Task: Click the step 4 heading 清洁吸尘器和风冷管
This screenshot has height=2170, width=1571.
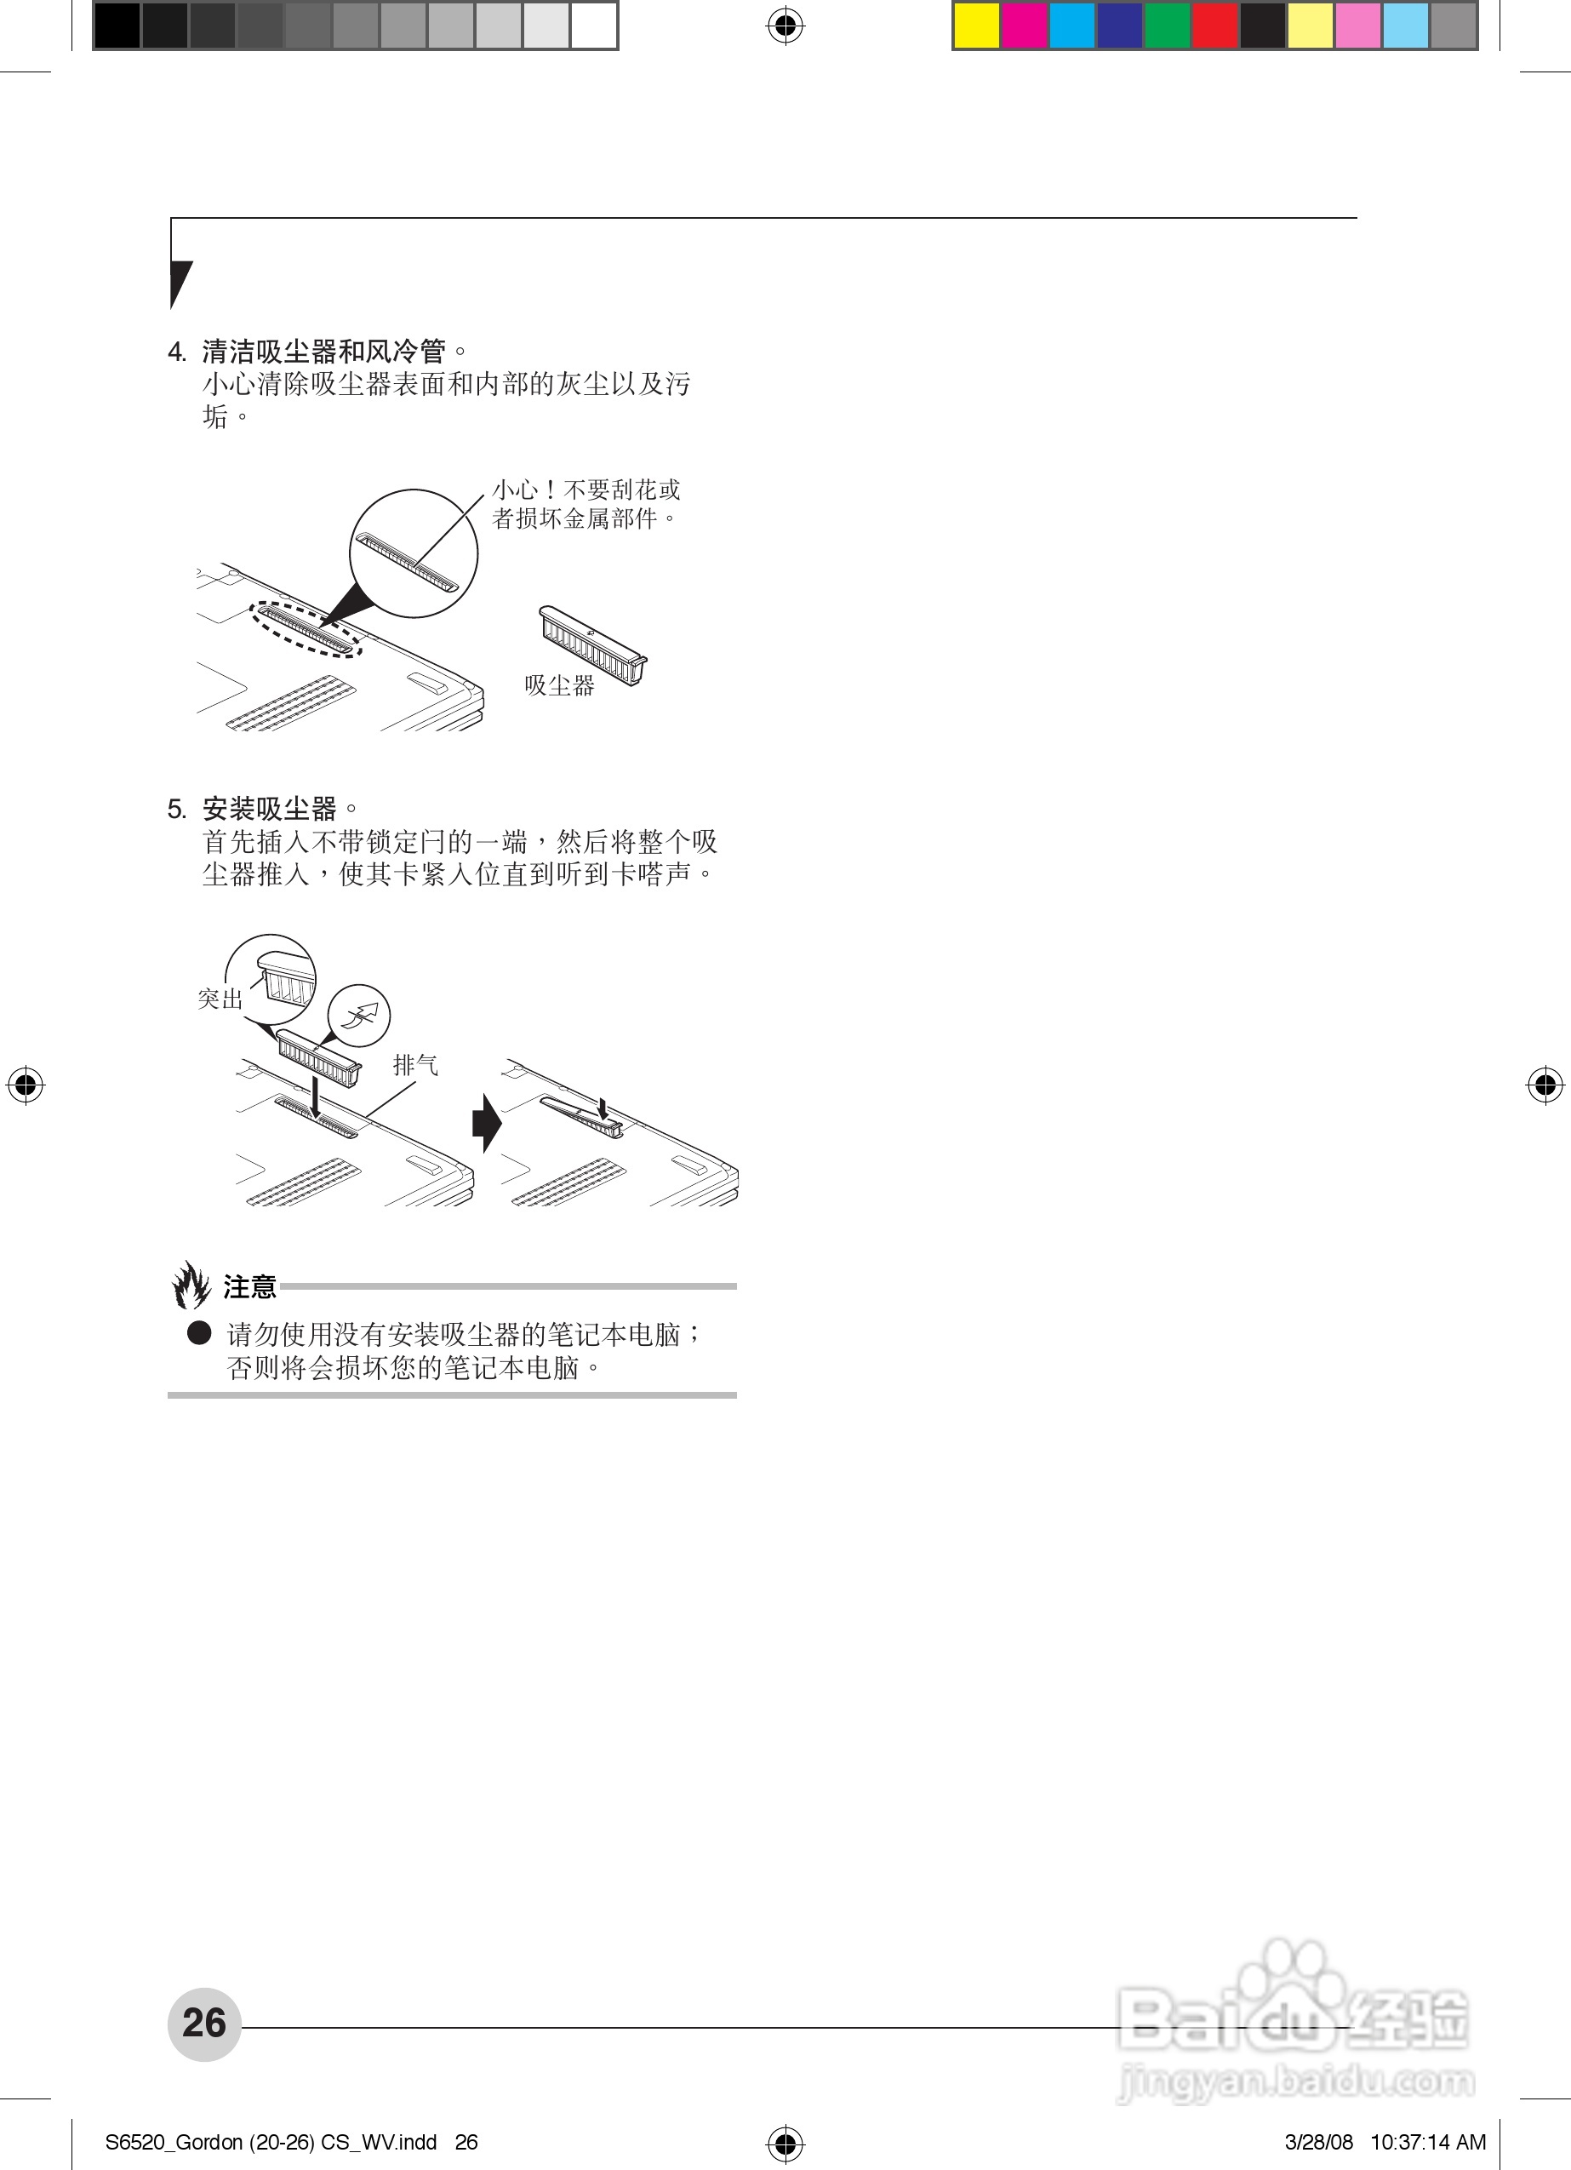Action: coord(323,352)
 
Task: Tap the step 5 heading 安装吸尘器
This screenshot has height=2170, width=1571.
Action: coord(269,810)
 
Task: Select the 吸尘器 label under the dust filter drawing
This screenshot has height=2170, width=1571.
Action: coord(560,685)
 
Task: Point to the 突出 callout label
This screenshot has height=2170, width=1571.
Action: coord(220,999)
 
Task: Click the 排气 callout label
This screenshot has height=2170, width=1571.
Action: coord(416,1065)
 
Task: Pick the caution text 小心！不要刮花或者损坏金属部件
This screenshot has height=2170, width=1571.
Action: coord(586,504)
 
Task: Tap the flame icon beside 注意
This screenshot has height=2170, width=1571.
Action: coord(191,1284)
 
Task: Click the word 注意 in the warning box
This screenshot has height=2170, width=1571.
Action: coord(249,1287)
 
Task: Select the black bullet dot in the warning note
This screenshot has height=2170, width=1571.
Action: coord(199,1333)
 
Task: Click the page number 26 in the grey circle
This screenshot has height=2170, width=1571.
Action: coord(203,2024)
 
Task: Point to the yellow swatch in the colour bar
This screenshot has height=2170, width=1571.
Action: coord(977,26)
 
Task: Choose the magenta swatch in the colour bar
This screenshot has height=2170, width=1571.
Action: coord(1024,26)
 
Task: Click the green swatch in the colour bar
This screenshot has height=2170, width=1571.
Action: coord(1168,26)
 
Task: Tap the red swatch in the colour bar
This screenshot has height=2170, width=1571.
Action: coord(1215,26)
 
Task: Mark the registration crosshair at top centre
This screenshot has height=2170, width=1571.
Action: coord(785,26)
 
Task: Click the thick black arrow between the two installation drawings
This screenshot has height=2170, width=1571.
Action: coord(487,1122)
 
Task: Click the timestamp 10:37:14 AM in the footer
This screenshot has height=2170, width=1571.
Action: coord(1428,2142)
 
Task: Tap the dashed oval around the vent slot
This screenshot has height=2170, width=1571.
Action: coord(307,628)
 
